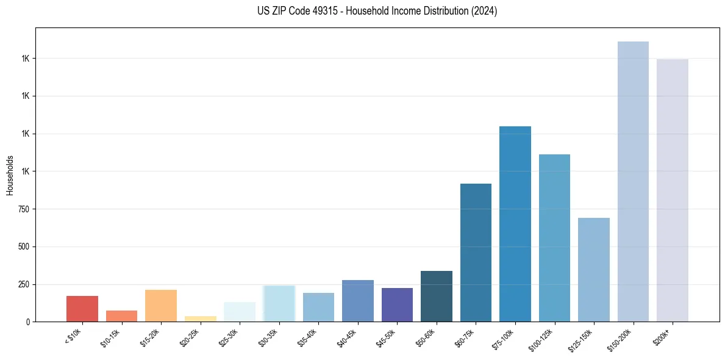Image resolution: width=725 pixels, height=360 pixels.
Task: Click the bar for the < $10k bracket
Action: (x=82, y=309)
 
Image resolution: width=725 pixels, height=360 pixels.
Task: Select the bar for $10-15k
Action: (x=121, y=316)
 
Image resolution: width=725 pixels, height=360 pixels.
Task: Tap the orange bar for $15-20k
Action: (x=161, y=306)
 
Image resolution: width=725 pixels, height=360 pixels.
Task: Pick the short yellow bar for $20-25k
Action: (x=201, y=319)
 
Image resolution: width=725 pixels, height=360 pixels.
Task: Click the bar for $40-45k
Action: (x=358, y=301)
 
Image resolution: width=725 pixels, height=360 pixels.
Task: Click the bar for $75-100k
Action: (x=515, y=224)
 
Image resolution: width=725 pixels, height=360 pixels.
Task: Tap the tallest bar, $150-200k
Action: (x=633, y=182)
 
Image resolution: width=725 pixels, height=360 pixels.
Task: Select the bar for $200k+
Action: (x=673, y=190)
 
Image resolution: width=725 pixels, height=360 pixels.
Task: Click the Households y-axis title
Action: (x=10, y=175)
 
